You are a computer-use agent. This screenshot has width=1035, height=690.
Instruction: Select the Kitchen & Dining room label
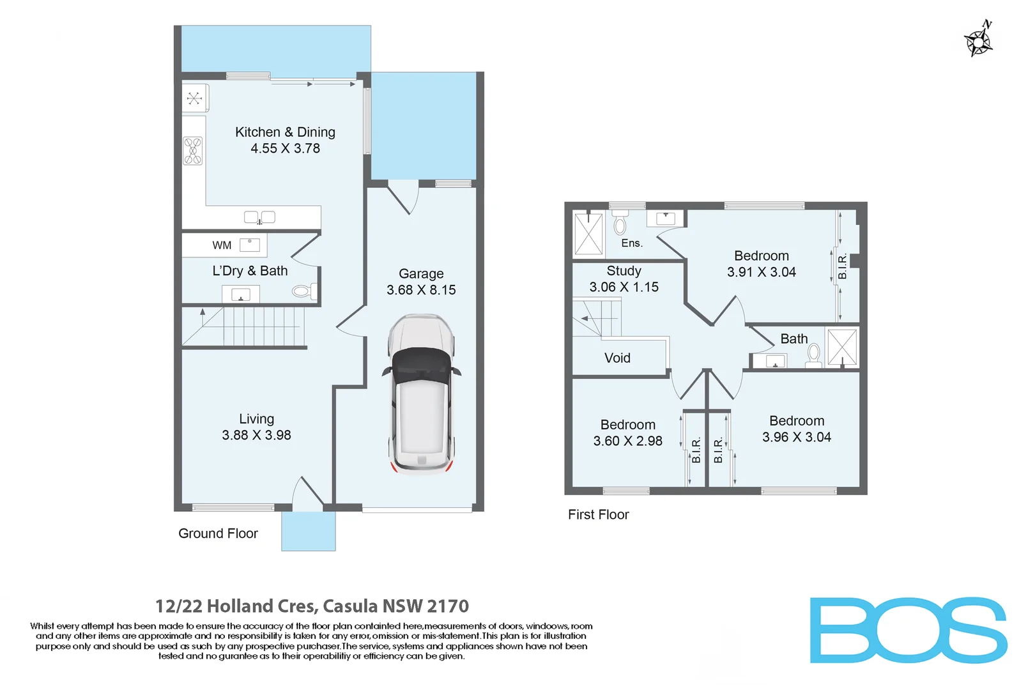pyautogui.click(x=285, y=132)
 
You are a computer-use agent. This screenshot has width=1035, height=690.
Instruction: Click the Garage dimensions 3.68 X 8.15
pyautogui.click(x=421, y=290)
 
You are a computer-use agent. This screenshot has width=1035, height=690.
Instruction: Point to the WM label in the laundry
pyautogui.click(x=222, y=245)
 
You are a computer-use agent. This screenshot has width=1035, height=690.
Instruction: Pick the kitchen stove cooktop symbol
pyautogui.click(x=193, y=151)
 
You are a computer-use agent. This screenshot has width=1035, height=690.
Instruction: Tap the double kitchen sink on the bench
pyautogui.click(x=259, y=217)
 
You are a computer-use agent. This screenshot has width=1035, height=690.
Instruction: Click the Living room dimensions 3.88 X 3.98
pyautogui.click(x=256, y=435)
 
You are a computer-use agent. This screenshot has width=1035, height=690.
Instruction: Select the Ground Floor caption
pyautogui.click(x=218, y=533)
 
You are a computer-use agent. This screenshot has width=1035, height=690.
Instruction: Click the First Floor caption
pyautogui.click(x=598, y=515)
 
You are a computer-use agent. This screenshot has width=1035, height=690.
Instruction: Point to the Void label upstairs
pyautogui.click(x=617, y=358)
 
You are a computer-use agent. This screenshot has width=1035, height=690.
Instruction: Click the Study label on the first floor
pyautogui.click(x=624, y=271)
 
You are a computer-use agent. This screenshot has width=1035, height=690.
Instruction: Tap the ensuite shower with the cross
pyautogui.click(x=588, y=234)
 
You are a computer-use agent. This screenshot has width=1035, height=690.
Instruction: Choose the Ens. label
pyautogui.click(x=632, y=243)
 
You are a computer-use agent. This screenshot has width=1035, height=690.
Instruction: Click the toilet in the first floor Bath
pyautogui.click(x=814, y=354)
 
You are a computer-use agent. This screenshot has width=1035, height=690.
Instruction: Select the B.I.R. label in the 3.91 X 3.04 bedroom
pyautogui.click(x=842, y=266)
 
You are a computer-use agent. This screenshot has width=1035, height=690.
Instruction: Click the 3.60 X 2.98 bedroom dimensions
pyautogui.click(x=627, y=441)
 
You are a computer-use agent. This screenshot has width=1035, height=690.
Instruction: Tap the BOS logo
pyautogui.click(x=908, y=631)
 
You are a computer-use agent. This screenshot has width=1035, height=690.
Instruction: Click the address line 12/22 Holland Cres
pyautogui.click(x=312, y=606)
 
